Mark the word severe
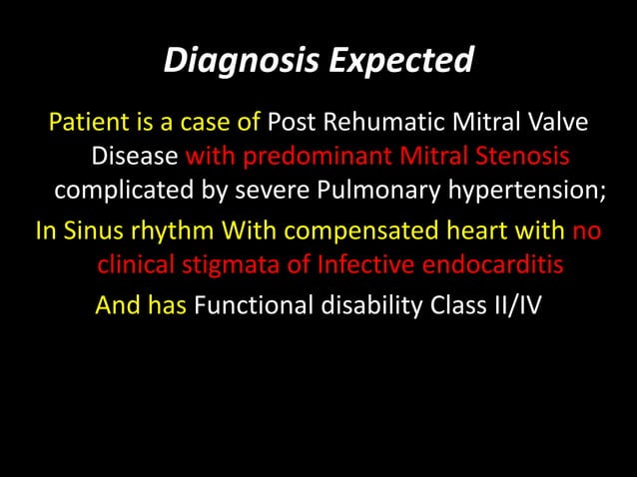click(251, 192)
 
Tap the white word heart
click(476, 232)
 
